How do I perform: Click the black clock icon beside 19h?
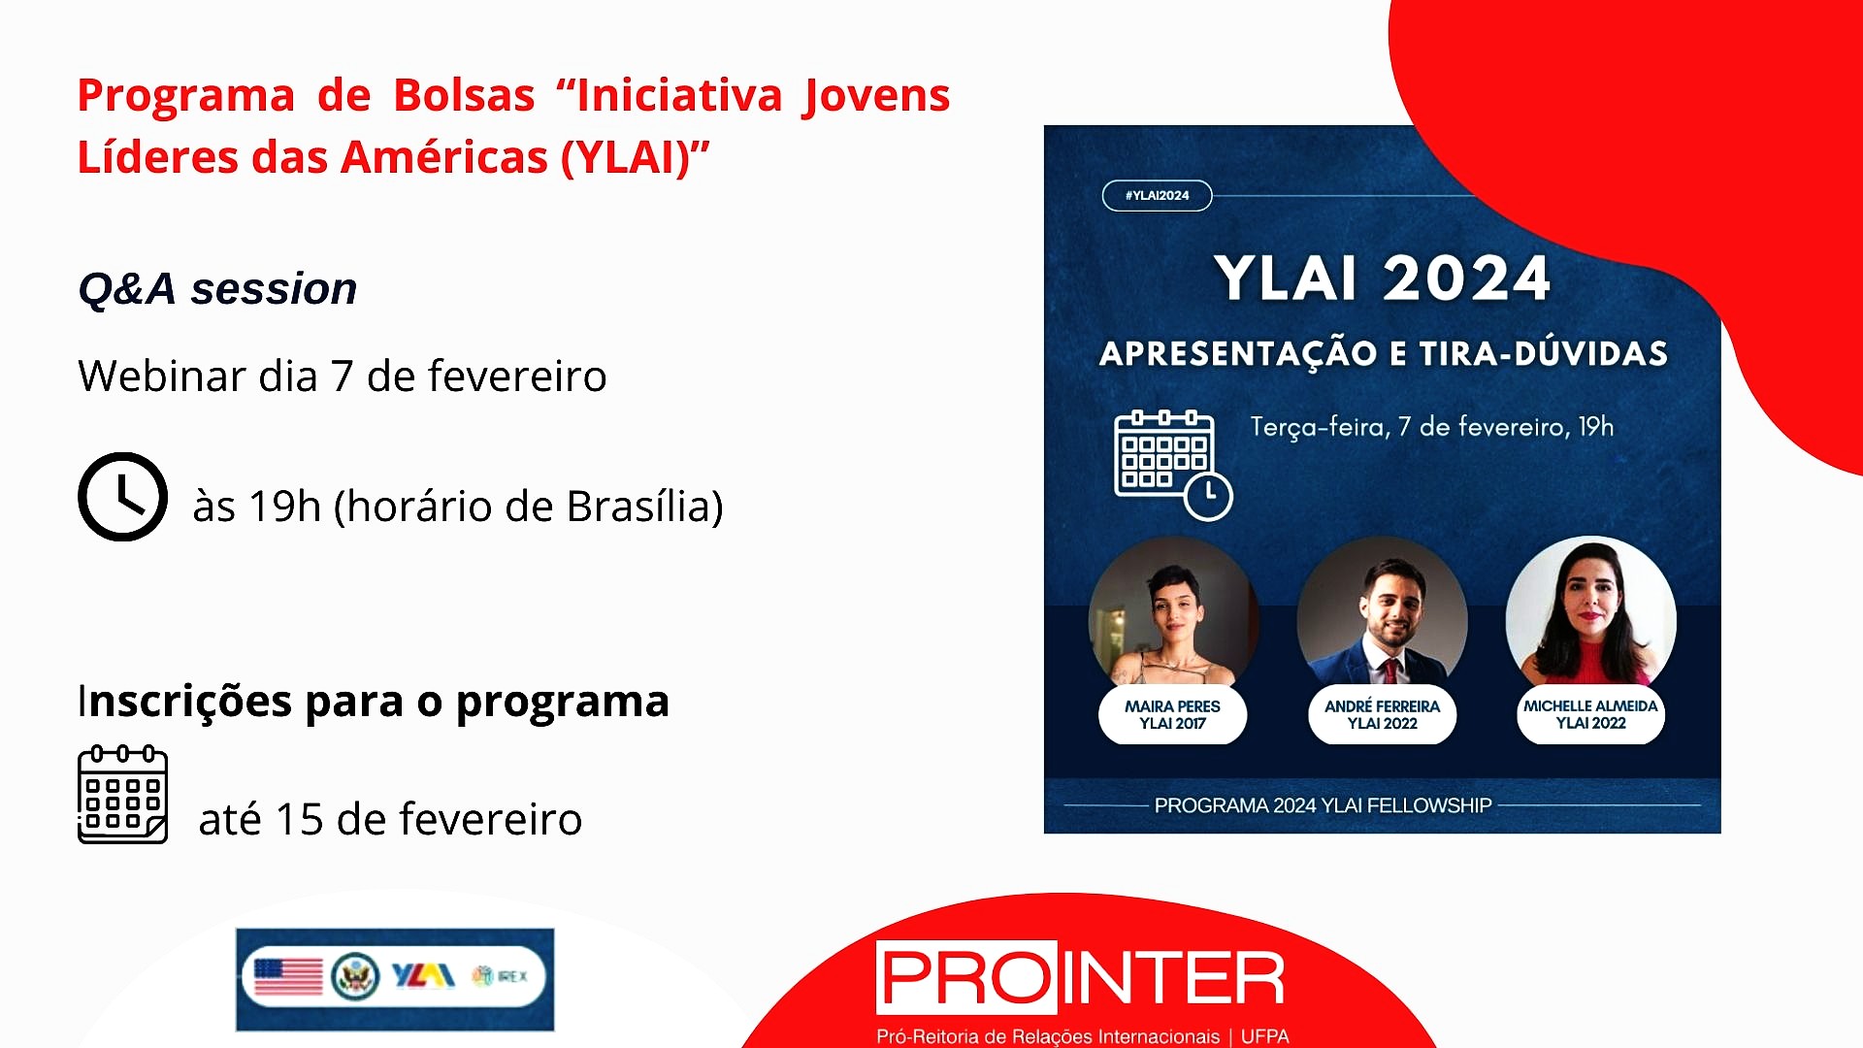tap(122, 497)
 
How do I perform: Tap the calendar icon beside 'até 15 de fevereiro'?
tap(122, 795)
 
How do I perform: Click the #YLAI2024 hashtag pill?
tap(1157, 195)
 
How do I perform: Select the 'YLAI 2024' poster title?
tap(1382, 278)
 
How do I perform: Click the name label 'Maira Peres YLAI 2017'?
tap(1172, 715)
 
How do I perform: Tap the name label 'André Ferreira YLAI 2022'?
tap(1382, 715)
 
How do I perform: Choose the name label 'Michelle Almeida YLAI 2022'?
tap(1590, 715)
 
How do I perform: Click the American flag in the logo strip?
tap(288, 976)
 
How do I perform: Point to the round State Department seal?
tap(355, 976)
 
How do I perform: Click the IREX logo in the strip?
tap(500, 975)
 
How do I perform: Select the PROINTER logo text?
tap(1081, 977)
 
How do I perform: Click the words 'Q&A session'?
tap(217, 288)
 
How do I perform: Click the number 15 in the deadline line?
tap(300, 819)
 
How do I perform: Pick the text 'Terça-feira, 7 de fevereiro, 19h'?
tap(1432, 427)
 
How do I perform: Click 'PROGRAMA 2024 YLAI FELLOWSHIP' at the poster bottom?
tap(1323, 805)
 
